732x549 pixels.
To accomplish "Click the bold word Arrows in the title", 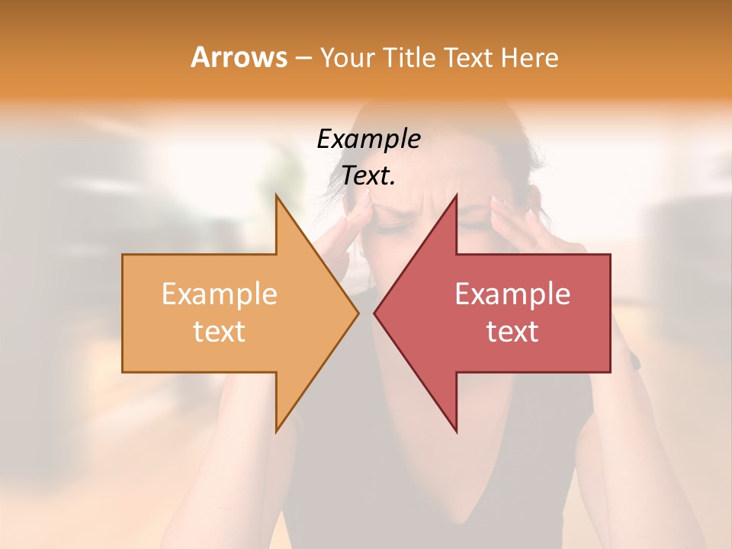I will pyautogui.click(x=239, y=57).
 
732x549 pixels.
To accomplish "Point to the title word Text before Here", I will pyautogui.click(x=470, y=57).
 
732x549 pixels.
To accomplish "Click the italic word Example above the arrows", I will pyautogui.click(x=368, y=140).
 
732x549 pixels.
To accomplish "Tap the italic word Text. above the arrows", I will pyautogui.click(x=368, y=176).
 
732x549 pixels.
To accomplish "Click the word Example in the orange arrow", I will pyautogui.click(x=219, y=294).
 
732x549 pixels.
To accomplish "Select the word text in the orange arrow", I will pyautogui.click(x=219, y=332).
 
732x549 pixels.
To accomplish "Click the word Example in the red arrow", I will pyautogui.click(x=512, y=294).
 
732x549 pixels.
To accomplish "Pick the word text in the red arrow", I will pyautogui.click(x=512, y=332).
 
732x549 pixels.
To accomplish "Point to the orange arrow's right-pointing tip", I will pyautogui.click(x=357, y=313).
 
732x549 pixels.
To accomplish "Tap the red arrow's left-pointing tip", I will pyautogui.click(x=375, y=313).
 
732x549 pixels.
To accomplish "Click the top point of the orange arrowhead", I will pyautogui.click(x=277, y=197).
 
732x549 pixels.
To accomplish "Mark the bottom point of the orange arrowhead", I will pyautogui.click(x=277, y=430).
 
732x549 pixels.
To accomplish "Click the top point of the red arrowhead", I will pyautogui.click(x=456, y=197).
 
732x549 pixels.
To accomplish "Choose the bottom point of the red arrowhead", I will pyautogui.click(x=456, y=430).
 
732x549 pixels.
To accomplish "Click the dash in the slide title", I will pyautogui.click(x=303, y=58).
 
